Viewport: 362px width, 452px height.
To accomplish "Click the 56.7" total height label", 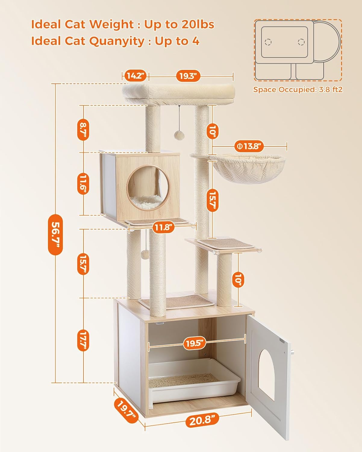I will point(55,234).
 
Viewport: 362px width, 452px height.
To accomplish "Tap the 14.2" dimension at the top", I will point(136,76).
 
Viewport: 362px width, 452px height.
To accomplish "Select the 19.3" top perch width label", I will point(188,76).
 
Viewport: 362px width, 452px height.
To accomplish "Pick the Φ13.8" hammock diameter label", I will point(249,147).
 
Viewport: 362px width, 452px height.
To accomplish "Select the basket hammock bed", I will point(247,169).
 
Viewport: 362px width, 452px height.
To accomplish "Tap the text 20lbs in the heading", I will point(198,24).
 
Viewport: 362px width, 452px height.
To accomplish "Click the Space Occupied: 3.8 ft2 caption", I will point(298,89).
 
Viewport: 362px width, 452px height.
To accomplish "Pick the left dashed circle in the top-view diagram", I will point(268,42).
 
